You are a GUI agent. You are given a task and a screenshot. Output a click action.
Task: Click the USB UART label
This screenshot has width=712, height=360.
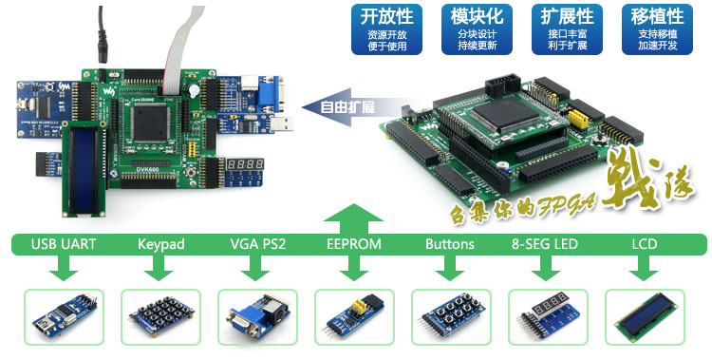[65, 244]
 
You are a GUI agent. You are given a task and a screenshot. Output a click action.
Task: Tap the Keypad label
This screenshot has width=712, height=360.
[160, 244]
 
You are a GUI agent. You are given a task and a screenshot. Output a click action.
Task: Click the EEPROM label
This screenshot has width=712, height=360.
[353, 244]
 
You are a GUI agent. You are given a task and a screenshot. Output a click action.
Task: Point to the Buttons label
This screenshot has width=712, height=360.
[450, 244]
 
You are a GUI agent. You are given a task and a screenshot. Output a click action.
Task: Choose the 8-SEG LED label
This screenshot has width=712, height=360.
[545, 244]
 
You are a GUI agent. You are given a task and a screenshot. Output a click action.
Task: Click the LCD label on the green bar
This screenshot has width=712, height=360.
[645, 244]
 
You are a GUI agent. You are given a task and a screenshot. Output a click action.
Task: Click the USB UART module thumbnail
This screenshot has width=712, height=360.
[64, 316]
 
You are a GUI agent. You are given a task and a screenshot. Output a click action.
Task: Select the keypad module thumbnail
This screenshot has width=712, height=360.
[160, 316]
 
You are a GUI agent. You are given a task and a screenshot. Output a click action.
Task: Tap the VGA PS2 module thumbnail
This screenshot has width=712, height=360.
[257, 316]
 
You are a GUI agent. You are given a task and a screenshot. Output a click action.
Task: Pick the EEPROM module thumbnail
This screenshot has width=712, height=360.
[354, 316]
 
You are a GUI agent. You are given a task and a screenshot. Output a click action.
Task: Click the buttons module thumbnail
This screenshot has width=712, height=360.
[451, 316]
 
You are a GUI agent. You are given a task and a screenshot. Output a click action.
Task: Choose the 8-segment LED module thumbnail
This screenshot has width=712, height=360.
[548, 316]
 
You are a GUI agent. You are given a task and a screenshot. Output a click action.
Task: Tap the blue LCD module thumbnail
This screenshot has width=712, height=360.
[645, 316]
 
